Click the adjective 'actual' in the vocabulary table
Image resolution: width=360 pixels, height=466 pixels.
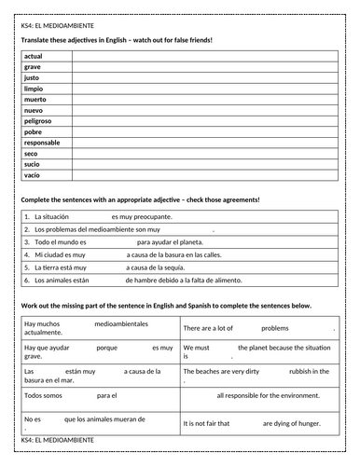click(x=34, y=56)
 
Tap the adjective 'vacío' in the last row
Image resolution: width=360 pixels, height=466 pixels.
click(x=33, y=174)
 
